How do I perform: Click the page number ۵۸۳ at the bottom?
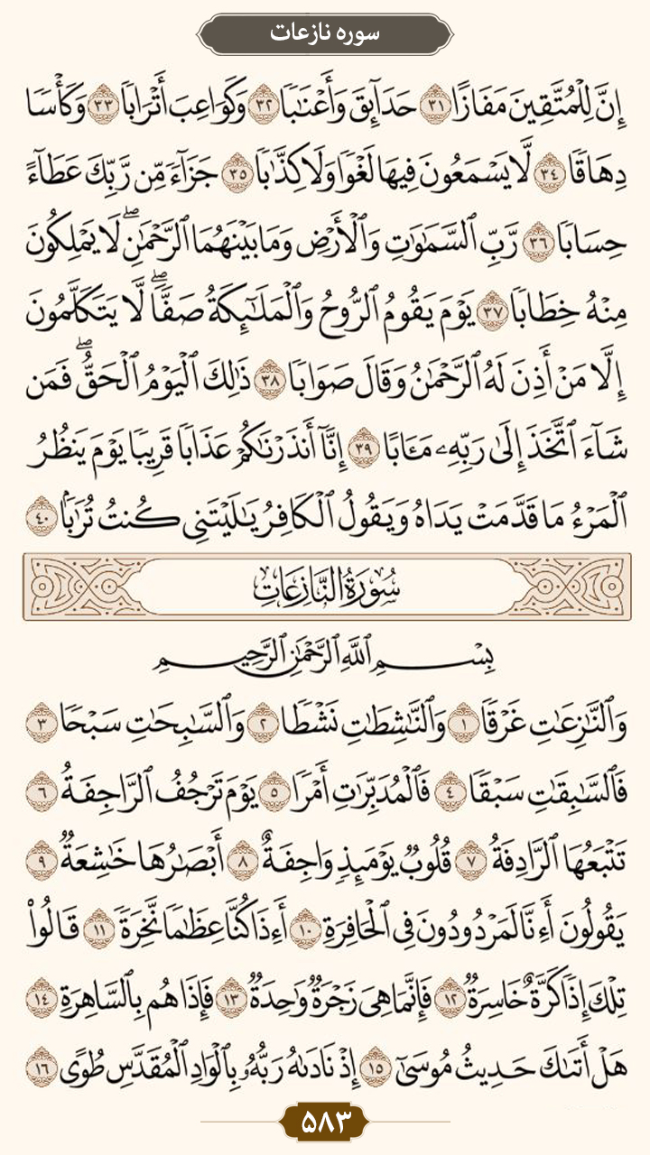tap(325, 1123)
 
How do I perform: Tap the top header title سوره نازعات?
tap(325, 33)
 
